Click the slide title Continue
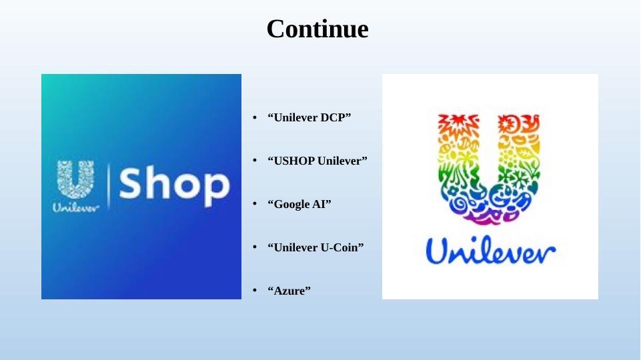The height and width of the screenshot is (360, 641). click(317, 29)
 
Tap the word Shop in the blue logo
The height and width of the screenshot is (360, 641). click(175, 185)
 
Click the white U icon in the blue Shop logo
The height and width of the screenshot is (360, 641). click(75, 179)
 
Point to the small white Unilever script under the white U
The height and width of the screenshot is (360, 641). click(75, 207)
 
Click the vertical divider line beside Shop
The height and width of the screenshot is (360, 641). click(109, 187)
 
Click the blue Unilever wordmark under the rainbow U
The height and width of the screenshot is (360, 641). click(490, 250)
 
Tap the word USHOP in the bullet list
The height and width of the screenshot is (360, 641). click(294, 161)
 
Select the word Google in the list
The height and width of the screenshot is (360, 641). click(292, 204)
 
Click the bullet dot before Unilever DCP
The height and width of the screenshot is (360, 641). click(255, 118)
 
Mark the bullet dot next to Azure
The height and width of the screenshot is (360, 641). click(255, 291)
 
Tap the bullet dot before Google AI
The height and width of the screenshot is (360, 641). click(255, 204)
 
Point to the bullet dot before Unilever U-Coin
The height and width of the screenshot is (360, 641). click(255, 247)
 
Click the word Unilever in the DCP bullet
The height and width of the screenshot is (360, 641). click(295, 118)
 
